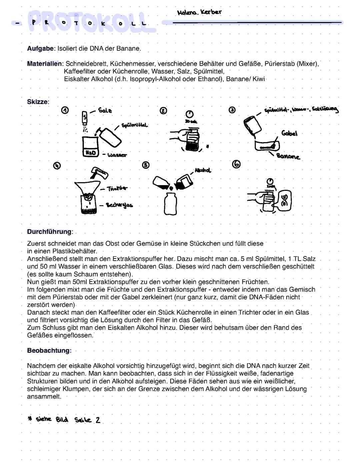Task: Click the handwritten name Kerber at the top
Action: (211, 12)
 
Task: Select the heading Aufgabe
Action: (40, 49)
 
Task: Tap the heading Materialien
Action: (44, 64)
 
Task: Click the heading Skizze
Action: (37, 102)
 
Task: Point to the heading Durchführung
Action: (49, 232)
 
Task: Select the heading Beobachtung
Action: (49, 351)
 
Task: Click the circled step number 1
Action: (65, 110)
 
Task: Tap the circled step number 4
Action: (57, 165)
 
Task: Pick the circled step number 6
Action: (236, 164)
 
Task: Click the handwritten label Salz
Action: (105, 110)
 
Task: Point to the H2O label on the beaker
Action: (90, 153)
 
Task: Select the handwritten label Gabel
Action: (289, 133)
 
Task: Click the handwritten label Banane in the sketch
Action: (288, 156)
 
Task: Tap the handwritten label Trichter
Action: (117, 188)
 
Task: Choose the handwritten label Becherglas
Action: (119, 205)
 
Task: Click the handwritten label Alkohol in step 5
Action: (203, 170)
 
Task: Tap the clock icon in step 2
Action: (190, 114)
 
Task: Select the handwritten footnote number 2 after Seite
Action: (98, 420)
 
